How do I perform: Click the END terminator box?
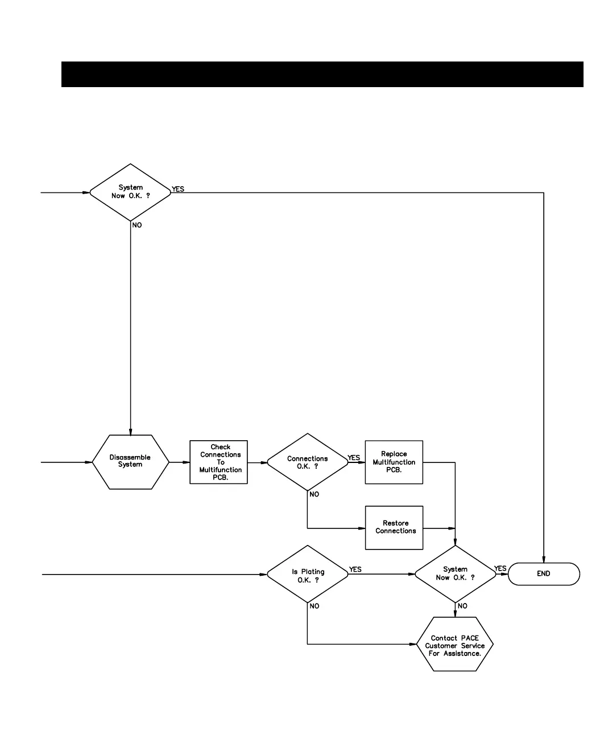[543, 574]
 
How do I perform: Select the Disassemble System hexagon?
[130, 462]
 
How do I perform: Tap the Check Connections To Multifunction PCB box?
[219, 462]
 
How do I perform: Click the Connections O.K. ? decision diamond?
[307, 462]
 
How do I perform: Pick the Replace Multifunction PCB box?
[394, 462]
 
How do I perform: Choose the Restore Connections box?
[394, 528]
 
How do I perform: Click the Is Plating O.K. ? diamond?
[307, 575]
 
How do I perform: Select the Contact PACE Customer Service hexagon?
[454, 645]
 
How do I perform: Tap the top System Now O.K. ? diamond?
[130, 192]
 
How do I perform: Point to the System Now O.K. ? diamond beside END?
[455, 574]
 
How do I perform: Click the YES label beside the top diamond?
[178, 189]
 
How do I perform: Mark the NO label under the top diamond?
[137, 225]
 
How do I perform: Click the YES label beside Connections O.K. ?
[354, 458]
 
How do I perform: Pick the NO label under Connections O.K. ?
[314, 494]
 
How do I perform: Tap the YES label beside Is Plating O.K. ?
[355, 569]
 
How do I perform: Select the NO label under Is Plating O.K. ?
[314, 606]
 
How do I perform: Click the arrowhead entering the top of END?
[544, 560]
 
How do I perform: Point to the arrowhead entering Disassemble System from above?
[130, 431]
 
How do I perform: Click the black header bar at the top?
[322, 74]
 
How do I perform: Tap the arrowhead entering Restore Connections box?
[362, 528]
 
